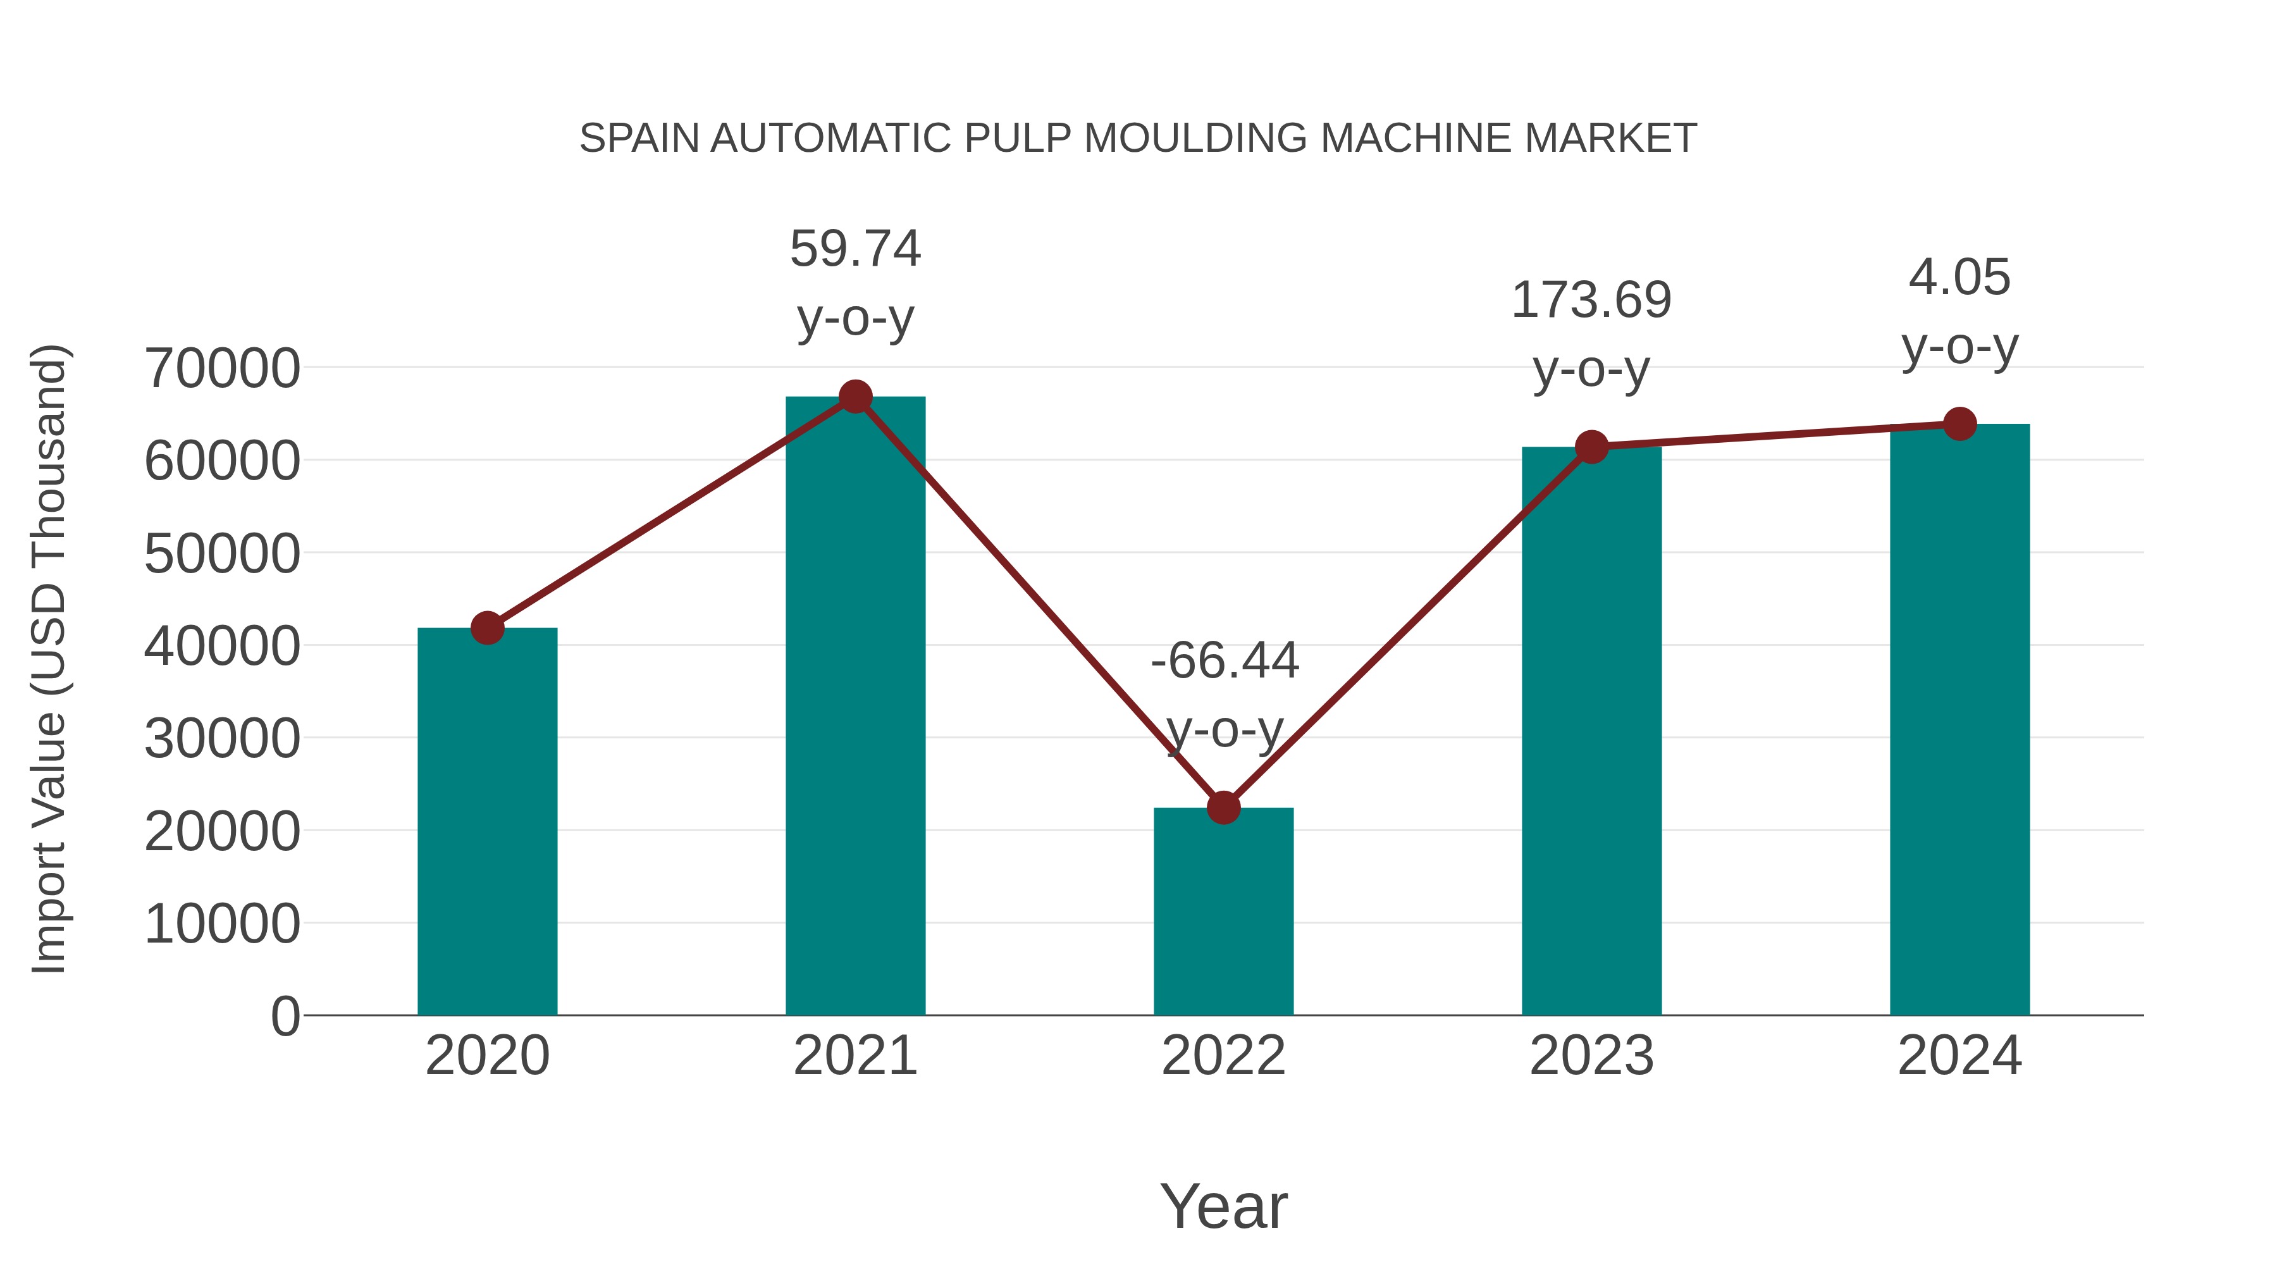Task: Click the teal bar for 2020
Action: click(487, 822)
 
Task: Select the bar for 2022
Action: click(1223, 910)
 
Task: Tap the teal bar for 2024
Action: click(1959, 721)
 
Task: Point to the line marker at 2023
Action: click(1591, 447)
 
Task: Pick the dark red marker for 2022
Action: click(1223, 807)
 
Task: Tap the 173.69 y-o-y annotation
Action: click(1591, 334)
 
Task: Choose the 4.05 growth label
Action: click(1959, 311)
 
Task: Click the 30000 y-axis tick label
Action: click(222, 739)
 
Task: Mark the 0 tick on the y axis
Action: click(285, 1016)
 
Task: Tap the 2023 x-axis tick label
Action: click(1591, 1056)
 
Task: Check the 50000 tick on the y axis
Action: click(222, 554)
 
